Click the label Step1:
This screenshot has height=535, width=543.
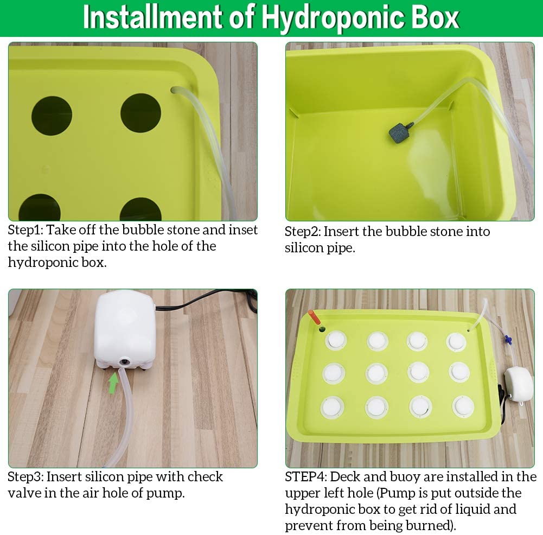[25, 230]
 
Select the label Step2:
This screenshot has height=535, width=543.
[303, 232]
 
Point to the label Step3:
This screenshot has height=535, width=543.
[25, 477]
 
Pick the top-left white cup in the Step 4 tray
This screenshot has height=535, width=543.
[335, 341]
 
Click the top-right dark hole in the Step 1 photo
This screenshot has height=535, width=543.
[140, 112]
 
